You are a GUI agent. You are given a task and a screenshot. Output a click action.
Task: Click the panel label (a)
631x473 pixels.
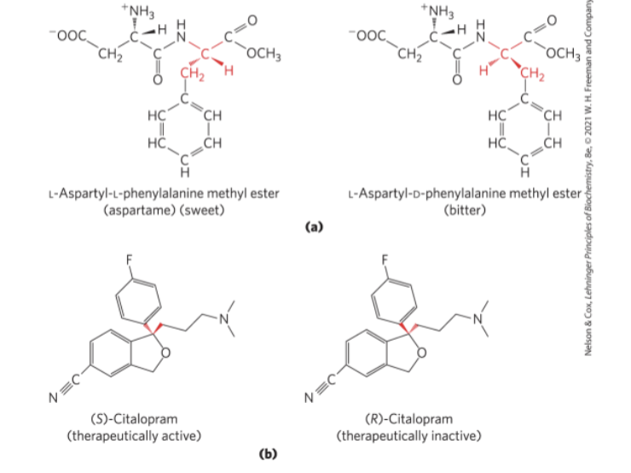(315, 227)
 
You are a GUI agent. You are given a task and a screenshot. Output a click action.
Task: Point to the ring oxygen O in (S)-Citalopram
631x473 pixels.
(165, 349)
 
